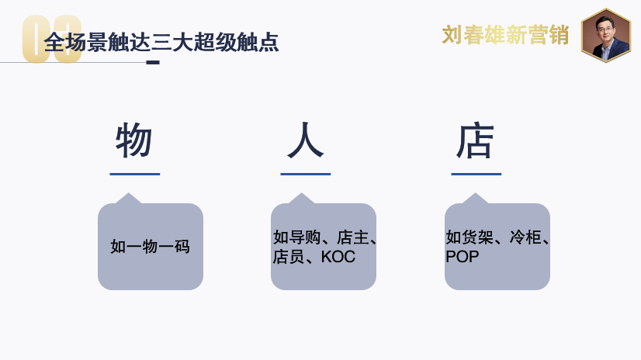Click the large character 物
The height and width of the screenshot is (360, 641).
pyautogui.click(x=134, y=140)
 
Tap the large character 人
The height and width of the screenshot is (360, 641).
pyautogui.click(x=306, y=140)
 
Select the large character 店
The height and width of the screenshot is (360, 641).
pyautogui.click(x=476, y=140)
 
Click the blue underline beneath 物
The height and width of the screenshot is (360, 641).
pyautogui.click(x=135, y=174)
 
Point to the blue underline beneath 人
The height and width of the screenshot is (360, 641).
pyautogui.click(x=306, y=174)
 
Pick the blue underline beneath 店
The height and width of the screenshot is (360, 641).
pyautogui.click(x=476, y=174)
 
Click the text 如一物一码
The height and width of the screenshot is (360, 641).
pyautogui.click(x=150, y=247)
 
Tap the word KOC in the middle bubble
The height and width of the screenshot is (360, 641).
pyautogui.click(x=338, y=257)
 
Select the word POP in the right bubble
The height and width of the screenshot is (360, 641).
pyautogui.click(x=462, y=257)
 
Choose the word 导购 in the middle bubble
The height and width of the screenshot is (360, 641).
pyautogui.click(x=305, y=237)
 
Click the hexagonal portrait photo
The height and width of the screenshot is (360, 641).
pyautogui.click(x=606, y=35)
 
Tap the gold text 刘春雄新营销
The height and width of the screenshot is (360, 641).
pyautogui.click(x=505, y=35)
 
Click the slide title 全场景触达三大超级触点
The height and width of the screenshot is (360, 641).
pyautogui.click(x=161, y=43)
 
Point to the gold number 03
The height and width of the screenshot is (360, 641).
pyautogui.click(x=52, y=40)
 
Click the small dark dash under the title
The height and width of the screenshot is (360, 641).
pyautogui.click(x=153, y=63)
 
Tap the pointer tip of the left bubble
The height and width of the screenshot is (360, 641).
pyautogui.click(x=129, y=193)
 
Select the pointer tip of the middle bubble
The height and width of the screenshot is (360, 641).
pyautogui.click(x=302, y=193)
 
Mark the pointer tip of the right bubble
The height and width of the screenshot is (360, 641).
pyautogui.click(x=475, y=193)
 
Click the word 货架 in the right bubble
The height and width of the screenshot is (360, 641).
pyautogui.click(x=478, y=237)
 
